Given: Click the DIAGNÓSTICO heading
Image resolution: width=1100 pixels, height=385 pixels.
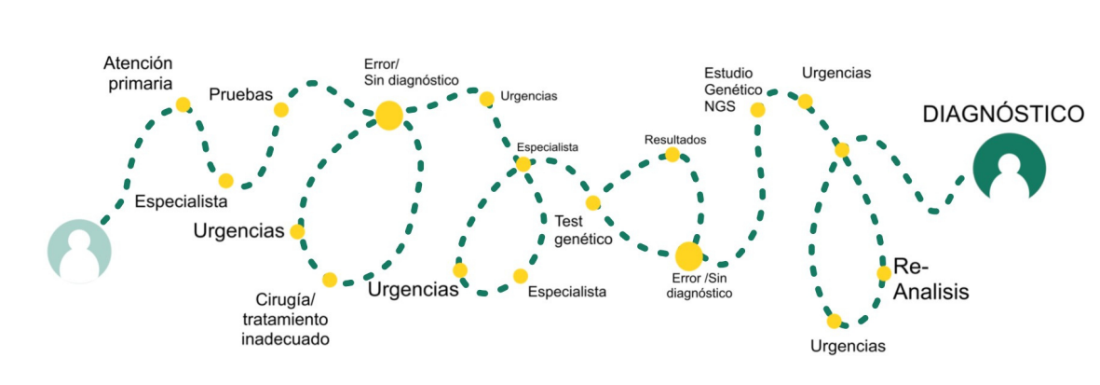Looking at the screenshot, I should pos(1003,115).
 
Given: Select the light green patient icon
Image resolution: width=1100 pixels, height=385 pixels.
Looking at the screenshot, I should pos(79,251).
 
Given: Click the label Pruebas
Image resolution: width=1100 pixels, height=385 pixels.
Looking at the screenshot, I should pos(240,94).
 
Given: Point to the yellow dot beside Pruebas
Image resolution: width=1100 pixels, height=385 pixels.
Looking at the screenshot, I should pos(280,110).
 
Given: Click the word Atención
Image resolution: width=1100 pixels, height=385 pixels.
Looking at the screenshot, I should pos(138,64).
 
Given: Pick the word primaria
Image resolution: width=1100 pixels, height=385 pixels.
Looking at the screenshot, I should pos(138,84).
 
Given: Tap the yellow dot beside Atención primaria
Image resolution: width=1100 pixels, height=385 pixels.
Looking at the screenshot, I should pos(183,104).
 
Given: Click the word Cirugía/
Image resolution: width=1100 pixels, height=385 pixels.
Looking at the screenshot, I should pos(287,299).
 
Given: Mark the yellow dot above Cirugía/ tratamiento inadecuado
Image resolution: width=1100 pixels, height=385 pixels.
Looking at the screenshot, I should pos(329,279).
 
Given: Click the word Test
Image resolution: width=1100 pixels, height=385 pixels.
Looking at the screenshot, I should pos(569,221).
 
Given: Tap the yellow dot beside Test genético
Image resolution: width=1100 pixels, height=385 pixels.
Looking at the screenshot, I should pos(592,202).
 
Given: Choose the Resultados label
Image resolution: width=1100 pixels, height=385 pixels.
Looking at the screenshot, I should pos(675,140).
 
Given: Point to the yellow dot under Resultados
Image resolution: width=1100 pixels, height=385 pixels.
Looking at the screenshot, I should pos(672,155).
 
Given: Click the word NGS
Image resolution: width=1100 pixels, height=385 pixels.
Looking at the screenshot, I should pos(720,107).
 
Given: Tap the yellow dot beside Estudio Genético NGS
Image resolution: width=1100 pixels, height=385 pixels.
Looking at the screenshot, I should pos(757,110).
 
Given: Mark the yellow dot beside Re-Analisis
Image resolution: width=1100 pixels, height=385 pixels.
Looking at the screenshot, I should pos(884,273).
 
